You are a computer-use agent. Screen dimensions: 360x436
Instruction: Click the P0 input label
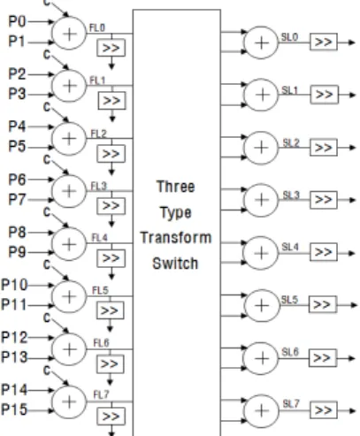tap(17, 21)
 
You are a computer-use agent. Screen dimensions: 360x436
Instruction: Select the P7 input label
tap(17, 200)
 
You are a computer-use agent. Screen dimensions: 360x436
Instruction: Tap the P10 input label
tap(14, 285)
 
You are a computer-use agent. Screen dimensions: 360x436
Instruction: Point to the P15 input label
tap(14, 409)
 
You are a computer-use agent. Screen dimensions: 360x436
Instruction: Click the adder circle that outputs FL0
tap(69, 34)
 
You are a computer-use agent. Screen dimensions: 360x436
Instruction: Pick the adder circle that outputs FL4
tap(69, 244)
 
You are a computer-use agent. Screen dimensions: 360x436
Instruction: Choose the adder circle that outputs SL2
tap(261, 148)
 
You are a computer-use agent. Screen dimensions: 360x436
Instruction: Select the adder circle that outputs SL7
tap(261, 410)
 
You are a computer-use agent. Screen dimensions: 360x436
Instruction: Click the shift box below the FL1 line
tap(111, 101)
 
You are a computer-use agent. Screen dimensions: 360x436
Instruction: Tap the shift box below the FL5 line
tap(110, 310)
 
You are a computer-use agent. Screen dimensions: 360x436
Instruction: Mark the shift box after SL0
tap(324, 42)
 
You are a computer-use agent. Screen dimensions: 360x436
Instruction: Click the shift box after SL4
tap(324, 252)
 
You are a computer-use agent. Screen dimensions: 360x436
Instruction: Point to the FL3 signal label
tap(98, 187)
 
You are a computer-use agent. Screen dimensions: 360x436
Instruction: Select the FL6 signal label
tap(101, 343)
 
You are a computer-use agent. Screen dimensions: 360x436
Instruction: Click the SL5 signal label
tap(289, 300)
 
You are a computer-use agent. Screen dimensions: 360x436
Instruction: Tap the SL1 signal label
tap(289, 90)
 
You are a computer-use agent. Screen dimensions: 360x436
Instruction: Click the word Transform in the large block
tap(176, 238)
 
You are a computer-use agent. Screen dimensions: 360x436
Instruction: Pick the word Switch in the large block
tap(175, 264)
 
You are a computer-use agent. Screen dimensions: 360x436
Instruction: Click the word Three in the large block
tap(175, 187)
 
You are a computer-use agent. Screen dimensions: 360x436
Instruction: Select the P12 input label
tap(14, 338)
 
